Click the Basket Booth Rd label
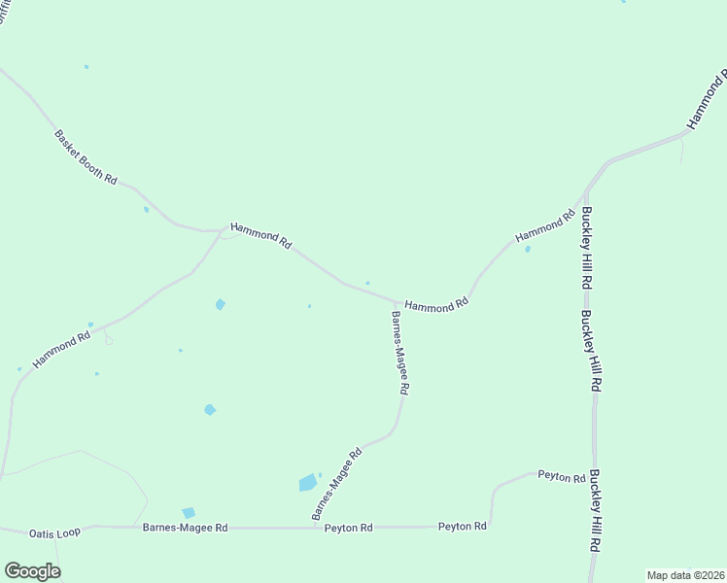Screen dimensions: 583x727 87,157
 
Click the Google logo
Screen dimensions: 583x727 32,571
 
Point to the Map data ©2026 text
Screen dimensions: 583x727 684,574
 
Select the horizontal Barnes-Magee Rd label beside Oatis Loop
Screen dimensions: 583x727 185,528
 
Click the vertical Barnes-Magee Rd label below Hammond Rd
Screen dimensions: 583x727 399,352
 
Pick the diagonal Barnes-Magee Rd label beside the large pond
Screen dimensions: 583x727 336,483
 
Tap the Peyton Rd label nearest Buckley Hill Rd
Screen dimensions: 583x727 562,477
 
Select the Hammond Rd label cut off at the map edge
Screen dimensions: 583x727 707,100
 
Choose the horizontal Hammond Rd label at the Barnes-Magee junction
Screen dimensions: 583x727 436,304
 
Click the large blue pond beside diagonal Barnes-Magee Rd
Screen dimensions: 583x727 307,483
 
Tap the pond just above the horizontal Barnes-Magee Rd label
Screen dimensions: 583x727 189,513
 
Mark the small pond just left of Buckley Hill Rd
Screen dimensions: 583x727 528,250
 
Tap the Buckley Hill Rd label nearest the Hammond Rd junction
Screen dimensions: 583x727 587,248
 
